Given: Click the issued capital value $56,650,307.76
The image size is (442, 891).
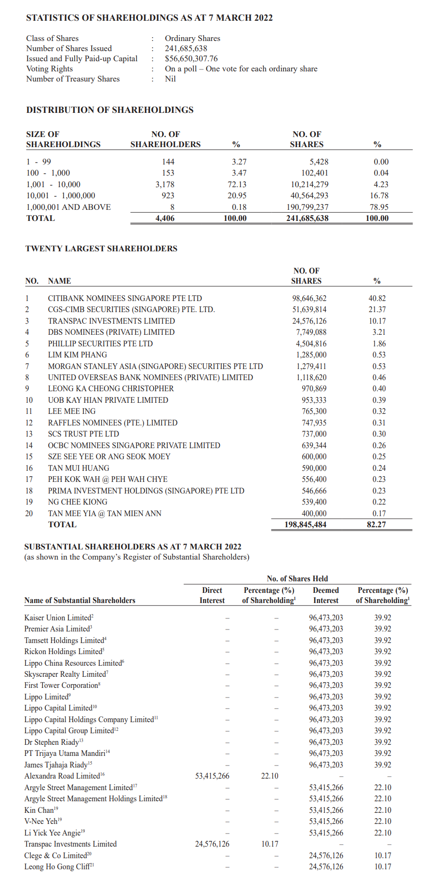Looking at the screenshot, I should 191,58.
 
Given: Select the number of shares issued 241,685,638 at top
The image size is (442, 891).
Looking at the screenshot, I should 186,48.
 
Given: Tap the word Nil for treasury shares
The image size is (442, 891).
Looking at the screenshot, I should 170,79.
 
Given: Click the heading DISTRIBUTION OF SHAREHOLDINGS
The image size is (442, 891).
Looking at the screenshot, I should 110,110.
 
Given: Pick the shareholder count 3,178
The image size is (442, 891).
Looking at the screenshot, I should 165,184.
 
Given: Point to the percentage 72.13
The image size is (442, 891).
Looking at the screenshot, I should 237,184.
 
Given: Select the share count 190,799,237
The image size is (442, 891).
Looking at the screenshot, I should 308,207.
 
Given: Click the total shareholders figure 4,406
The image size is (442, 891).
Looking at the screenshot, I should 165,218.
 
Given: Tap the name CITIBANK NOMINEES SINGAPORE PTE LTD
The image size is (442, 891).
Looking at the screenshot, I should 125,298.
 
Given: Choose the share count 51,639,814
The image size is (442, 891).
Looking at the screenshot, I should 309,309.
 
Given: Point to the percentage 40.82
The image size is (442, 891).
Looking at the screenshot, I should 377,298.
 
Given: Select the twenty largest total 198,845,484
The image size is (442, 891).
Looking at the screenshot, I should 305,524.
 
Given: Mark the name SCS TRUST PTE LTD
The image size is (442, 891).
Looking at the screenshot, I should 83,434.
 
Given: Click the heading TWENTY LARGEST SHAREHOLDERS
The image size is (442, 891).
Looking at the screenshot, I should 101,248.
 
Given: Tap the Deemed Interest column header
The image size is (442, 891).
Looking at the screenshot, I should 326,595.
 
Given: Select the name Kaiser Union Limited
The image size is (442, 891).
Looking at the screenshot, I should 57,617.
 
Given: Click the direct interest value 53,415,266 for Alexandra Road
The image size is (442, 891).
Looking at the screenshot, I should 212,776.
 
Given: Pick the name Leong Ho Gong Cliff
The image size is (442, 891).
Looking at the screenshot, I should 57,866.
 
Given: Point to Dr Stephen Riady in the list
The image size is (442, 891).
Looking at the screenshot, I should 52,742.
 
